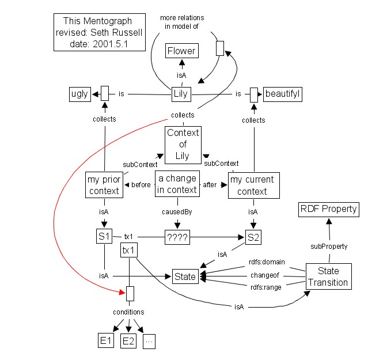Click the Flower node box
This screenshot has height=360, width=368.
point(181,51)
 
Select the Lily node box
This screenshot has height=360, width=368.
point(181,93)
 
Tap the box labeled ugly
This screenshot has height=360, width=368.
point(79,93)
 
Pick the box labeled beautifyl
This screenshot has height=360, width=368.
point(282,93)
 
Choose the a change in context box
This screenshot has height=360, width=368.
point(177,184)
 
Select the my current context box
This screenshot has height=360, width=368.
point(252,185)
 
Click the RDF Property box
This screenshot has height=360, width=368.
point(328,209)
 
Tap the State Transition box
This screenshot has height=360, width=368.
point(327,276)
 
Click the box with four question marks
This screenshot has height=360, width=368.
point(177,237)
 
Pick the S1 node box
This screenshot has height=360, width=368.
point(104,236)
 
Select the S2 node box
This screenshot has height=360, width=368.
point(253,237)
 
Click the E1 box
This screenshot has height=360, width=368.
point(105,342)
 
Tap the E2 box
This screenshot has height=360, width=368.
point(128,342)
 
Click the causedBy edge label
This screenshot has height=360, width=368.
point(177,212)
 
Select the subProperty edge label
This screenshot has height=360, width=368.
point(329,246)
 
